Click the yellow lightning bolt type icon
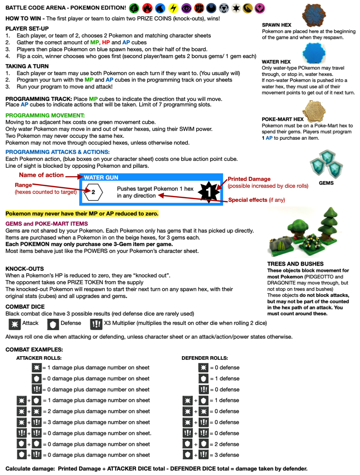click(173, 8)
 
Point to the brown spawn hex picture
click(314, 12)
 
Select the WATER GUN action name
click(101, 178)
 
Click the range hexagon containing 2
click(93, 192)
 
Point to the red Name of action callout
click(41, 175)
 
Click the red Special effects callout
click(248, 200)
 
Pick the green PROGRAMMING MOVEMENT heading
click(45, 115)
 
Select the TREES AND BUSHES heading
click(295, 264)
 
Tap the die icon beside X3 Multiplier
click(95, 323)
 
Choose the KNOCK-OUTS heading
click(25, 268)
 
